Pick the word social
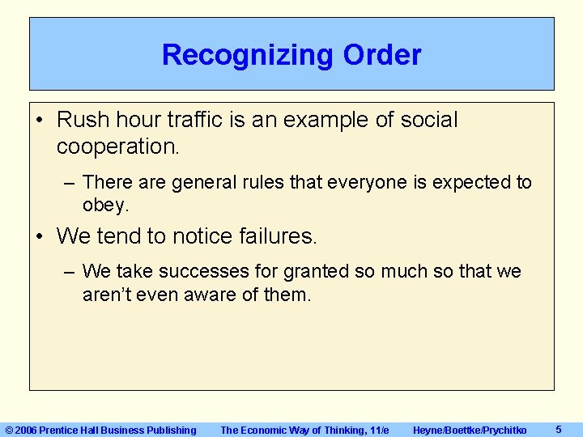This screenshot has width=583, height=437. pos(428,121)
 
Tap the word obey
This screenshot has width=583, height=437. pos(105,206)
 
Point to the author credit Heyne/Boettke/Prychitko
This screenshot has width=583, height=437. pos(470,430)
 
